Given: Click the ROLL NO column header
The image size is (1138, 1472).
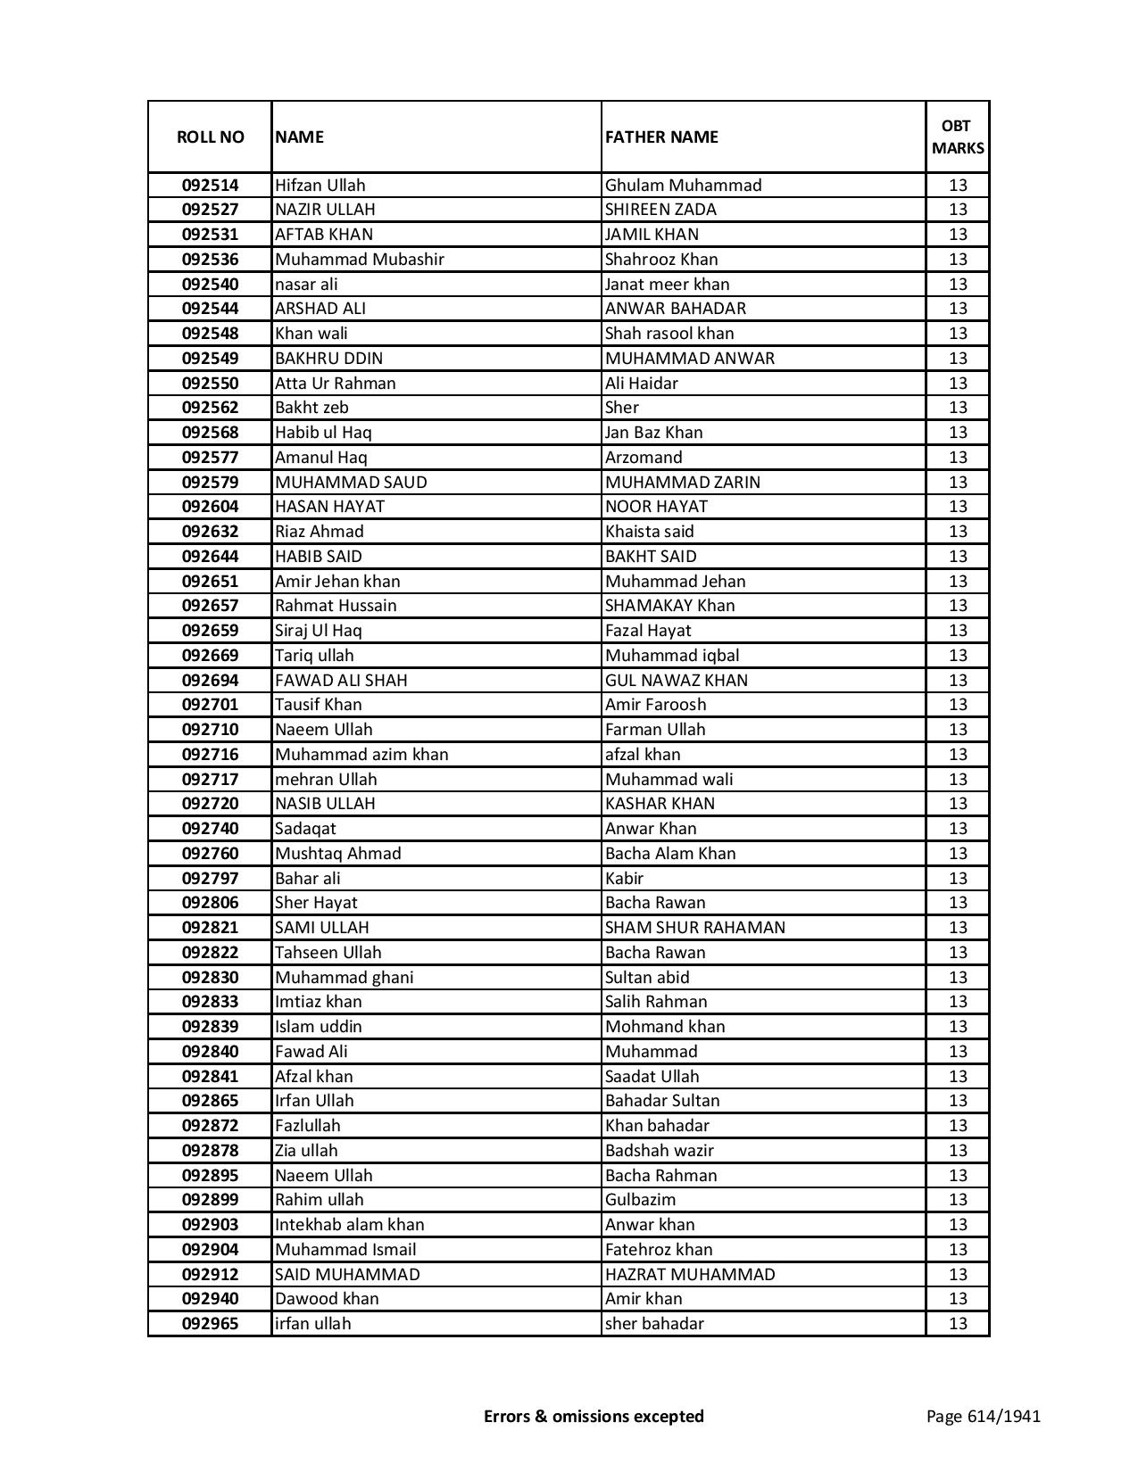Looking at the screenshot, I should click(210, 136).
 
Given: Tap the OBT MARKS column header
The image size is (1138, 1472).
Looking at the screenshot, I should click(957, 136).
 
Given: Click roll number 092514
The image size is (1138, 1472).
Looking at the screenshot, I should click(210, 186).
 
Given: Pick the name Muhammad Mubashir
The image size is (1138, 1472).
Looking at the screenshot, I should click(359, 260).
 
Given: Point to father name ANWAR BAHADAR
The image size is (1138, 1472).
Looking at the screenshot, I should click(675, 309).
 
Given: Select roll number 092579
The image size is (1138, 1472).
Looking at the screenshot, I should click(210, 483).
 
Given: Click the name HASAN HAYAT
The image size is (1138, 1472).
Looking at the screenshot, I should click(329, 507).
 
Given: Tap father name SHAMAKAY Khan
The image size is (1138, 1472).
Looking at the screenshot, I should click(669, 606).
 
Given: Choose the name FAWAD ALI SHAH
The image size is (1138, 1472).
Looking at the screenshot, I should click(341, 681).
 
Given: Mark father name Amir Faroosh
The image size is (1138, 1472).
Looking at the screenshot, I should click(655, 705).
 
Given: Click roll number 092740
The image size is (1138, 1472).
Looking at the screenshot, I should click(210, 829).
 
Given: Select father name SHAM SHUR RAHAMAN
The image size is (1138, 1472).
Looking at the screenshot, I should click(694, 928).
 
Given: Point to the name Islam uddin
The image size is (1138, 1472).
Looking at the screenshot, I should click(318, 1027).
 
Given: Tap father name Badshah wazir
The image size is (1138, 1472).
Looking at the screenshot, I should click(659, 1151).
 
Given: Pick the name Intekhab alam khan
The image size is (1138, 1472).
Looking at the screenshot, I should click(349, 1225).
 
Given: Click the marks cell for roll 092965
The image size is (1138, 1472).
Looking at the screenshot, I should click(957, 1324).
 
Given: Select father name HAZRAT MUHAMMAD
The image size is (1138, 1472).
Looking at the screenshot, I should click(690, 1275).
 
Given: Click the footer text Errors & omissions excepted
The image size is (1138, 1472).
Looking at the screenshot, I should click(594, 1416).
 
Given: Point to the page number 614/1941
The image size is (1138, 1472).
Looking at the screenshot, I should click(983, 1416).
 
